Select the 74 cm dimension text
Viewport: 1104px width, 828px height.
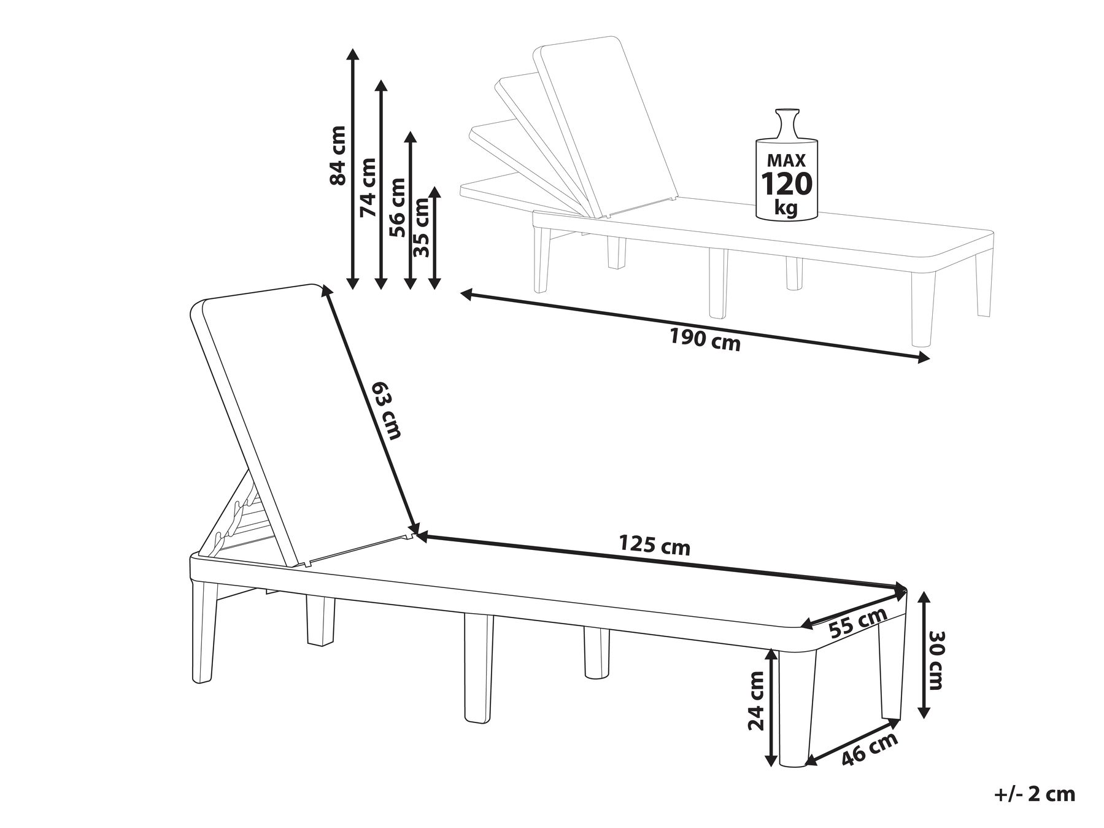(368, 187)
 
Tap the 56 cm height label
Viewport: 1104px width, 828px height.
(397, 207)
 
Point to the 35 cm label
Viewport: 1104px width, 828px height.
(422, 227)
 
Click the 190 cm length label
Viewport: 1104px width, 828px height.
(705, 339)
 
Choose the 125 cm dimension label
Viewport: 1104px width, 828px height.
(655, 545)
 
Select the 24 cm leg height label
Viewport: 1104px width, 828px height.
(757, 700)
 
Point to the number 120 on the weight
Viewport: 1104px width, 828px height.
(787, 183)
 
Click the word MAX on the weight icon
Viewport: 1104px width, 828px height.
(786, 161)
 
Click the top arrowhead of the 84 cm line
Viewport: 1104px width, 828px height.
(352, 54)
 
